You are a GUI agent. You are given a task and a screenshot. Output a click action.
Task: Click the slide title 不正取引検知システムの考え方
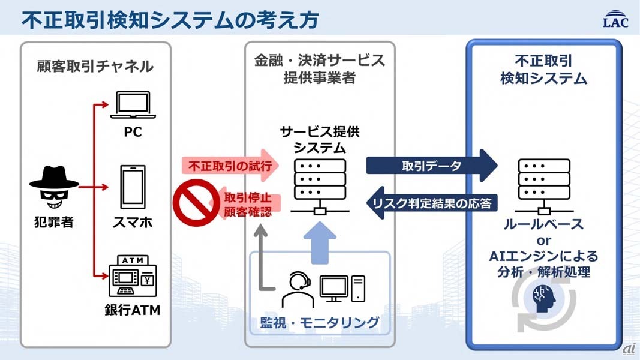pyautogui.click(x=170, y=19)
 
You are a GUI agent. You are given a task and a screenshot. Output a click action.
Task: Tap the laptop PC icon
pyautogui.click(x=133, y=106)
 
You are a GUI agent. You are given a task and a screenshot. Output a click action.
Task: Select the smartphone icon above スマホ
pyautogui.click(x=133, y=187)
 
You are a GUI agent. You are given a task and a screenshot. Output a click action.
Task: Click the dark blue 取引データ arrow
pyautogui.click(x=432, y=166)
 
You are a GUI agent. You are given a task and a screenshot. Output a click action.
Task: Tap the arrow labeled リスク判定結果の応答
pyautogui.click(x=432, y=203)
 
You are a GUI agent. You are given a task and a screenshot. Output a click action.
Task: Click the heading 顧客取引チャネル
pyautogui.click(x=95, y=66)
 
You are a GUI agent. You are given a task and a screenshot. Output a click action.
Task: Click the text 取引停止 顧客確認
pyautogui.click(x=247, y=205)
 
